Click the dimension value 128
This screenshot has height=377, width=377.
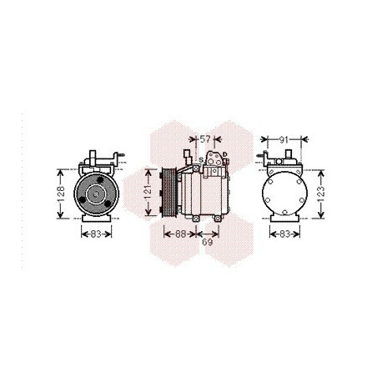[x=61, y=194]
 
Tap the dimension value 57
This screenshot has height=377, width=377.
[x=205, y=139]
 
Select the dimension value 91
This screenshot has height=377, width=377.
[x=284, y=140]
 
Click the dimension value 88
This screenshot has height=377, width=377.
[x=181, y=234]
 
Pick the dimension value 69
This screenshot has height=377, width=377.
[x=208, y=242]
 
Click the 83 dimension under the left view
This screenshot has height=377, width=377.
[x=96, y=234]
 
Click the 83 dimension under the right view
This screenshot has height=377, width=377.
[x=284, y=234]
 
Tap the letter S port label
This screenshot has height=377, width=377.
[x=201, y=160]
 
